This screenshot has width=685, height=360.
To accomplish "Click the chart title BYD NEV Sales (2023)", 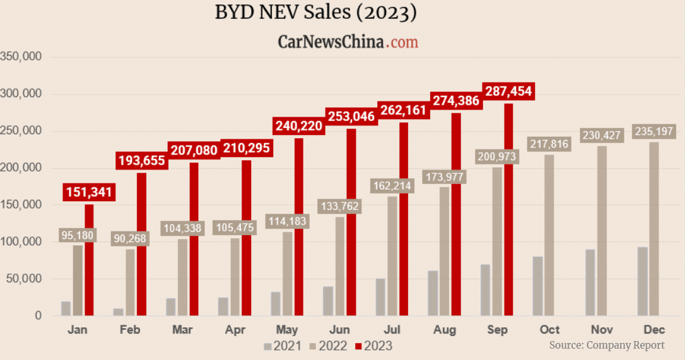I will (x=316, y=13).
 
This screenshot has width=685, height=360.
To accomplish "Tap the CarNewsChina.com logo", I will (x=348, y=42).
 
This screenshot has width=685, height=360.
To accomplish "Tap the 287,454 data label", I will (x=508, y=91).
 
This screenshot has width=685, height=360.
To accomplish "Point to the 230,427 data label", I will (x=602, y=135).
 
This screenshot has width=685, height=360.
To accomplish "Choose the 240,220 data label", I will (x=298, y=126).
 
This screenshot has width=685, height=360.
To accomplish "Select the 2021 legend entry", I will (x=282, y=345).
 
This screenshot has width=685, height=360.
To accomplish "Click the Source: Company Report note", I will (x=607, y=345).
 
